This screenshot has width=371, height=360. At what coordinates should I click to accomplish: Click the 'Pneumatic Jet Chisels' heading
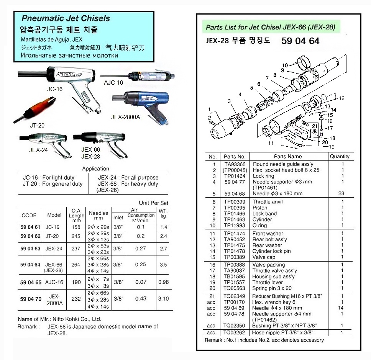click(66, 18)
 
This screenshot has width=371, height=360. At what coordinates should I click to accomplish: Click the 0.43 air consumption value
click(141, 299)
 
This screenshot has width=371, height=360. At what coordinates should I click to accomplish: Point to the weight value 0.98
click(163, 282)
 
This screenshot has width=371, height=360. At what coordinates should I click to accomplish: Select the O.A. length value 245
click(76, 236)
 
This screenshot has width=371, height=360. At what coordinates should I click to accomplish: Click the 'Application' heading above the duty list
click(95, 169)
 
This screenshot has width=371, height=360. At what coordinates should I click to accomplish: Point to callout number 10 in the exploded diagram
click(285, 65)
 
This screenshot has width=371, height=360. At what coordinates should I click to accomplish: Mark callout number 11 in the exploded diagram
click(271, 143)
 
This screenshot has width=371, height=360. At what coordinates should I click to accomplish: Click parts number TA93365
click(235, 164)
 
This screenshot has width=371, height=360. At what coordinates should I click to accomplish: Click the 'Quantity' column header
click(340, 156)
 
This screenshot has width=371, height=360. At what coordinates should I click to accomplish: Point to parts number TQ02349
click(235, 296)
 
